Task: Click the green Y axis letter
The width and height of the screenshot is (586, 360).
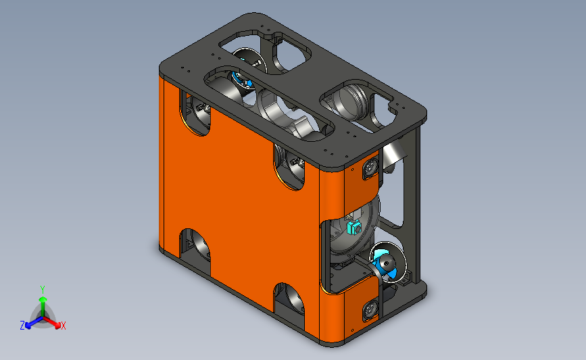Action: [x=43, y=290]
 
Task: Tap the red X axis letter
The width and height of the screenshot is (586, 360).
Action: [x=63, y=326]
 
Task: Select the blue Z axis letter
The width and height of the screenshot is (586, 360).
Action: [x=22, y=326]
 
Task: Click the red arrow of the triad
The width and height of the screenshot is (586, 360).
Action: [x=51, y=322]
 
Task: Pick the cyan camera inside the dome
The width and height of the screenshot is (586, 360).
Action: [x=353, y=228]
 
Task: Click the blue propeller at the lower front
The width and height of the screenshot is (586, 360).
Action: [x=387, y=265]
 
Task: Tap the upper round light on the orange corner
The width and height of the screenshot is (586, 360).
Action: [x=370, y=168]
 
